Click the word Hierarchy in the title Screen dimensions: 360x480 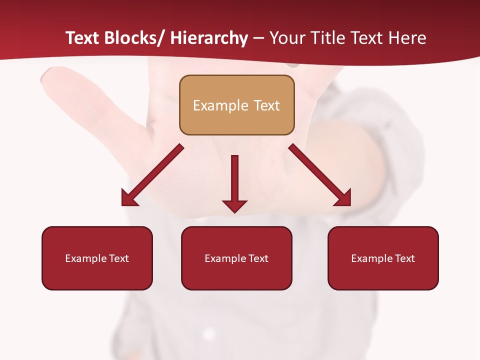point(209,38)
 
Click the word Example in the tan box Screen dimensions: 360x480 point(220,105)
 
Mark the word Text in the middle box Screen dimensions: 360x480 point(258,258)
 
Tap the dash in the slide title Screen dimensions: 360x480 point(258,38)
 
